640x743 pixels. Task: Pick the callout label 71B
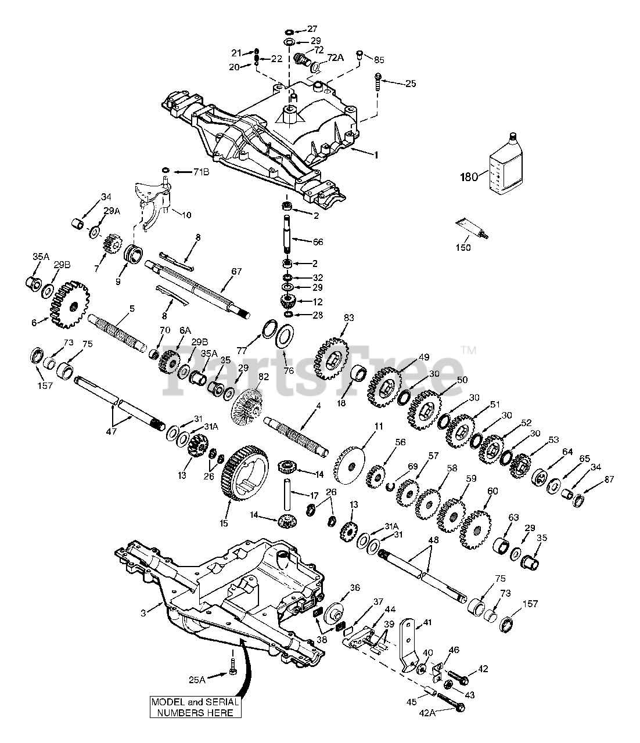pos(200,172)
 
